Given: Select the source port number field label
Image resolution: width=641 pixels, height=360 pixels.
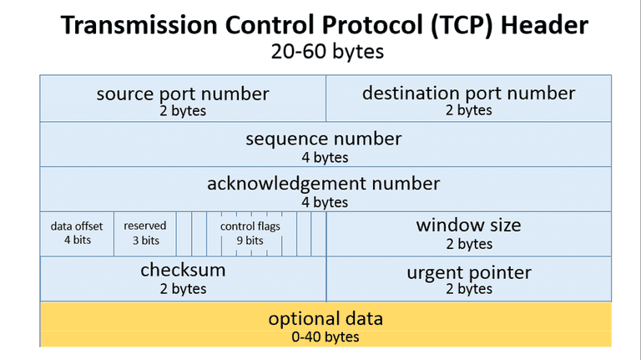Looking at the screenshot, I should tap(183, 94).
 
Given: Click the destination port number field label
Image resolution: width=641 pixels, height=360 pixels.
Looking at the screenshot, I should tap(468, 93).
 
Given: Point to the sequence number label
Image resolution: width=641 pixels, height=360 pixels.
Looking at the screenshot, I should tap(324, 139).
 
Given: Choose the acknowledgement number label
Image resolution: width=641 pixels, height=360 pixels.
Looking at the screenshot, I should tap(324, 184).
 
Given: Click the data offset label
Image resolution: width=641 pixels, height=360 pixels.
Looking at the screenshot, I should tap(77, 226).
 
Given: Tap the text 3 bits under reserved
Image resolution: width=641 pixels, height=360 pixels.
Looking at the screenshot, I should tap(145, 241).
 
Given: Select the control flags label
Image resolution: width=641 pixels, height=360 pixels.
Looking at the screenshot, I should tap(250, 226).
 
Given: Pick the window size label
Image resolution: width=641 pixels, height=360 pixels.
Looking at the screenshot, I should tap(468, 226).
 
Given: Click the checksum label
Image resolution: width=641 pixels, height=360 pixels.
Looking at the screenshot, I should tap(183, 271).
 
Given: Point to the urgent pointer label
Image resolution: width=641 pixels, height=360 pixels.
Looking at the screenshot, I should tap(468, 272).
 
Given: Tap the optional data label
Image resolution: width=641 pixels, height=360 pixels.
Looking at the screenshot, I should tap(326, 319).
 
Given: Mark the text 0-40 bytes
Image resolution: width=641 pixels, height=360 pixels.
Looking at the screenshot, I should tap(326, 337).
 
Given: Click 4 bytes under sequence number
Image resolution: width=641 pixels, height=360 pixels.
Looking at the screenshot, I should tap(325, 157).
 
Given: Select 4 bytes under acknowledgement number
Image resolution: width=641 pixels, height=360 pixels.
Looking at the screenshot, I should tap(325, 202).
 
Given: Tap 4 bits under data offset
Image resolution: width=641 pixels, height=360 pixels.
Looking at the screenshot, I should tap(77, 241).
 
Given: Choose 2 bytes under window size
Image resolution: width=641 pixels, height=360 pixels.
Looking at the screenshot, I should tap(468, 244).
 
